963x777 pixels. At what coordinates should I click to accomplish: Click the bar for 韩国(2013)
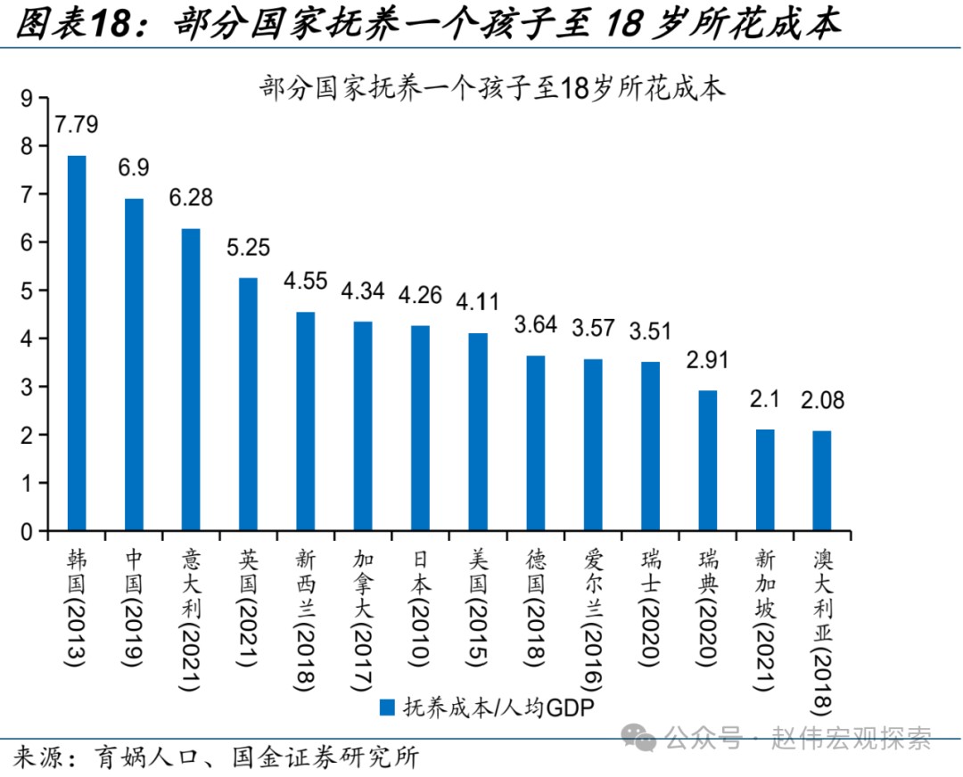pyautogui.click(x=77, y=344)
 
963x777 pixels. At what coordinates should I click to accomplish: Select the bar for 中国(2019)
pyautogui.click(x=134, y=365)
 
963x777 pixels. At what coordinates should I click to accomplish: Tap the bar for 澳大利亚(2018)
pyautogui.click(x=823, y=481)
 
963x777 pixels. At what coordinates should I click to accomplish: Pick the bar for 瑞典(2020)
pyautogui.click(x=708, y=461)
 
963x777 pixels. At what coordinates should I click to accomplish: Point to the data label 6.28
pyautogui.click(x=191, y=198)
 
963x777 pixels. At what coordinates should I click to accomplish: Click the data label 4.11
pyautogui.click(x=478, y=302)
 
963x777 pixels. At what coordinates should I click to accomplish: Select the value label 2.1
pyautogui.click(x=765, y=398)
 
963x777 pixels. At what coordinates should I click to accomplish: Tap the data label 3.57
pyautogui.click(x=593, y=328)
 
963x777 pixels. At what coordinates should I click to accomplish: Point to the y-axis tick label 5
pyautogui.click(x=26, y=290)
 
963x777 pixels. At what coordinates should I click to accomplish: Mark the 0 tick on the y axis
pyautogui.click(x=26, y=533)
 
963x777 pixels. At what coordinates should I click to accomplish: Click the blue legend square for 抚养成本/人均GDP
pyautogui.click(x=387, y=708)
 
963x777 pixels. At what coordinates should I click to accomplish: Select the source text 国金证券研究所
pyautogui.click(x=325, y=758)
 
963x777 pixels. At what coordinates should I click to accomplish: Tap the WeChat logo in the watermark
pyautogui.click(x=639, y=736)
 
